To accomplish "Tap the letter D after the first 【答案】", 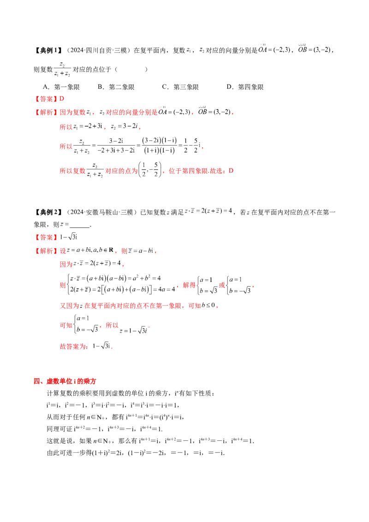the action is click(x=63, y=99).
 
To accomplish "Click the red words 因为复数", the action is click(x=72, y=112).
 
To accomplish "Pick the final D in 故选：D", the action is click(x=231, y=171).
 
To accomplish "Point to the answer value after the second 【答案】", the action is click(x=69, y=237).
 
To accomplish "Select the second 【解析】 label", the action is click(x=46, y=251).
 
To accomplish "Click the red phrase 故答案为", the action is click(x=74, y=346).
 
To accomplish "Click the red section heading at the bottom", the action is click(x=65, y=381).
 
